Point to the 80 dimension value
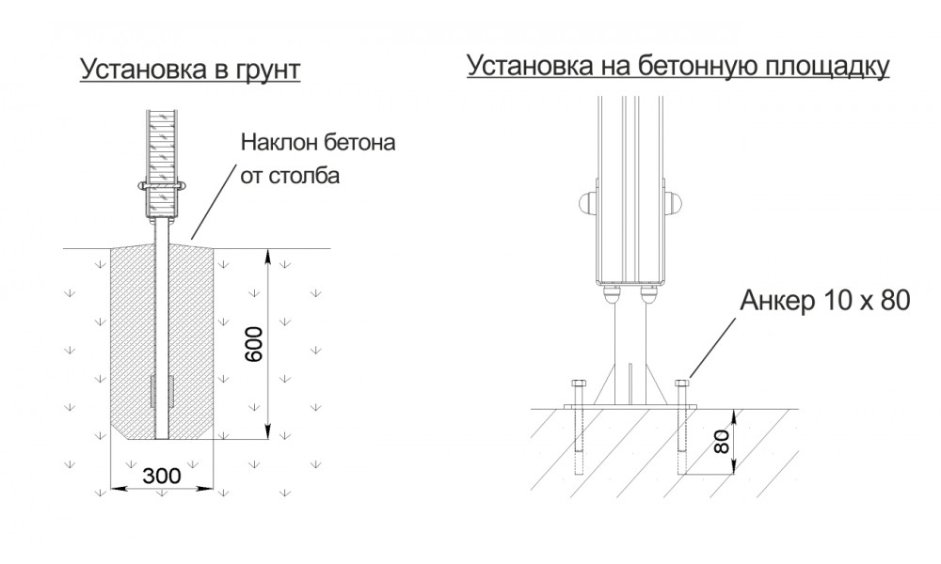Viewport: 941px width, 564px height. (x=722, y=440)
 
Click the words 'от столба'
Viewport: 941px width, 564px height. (x=290, y=176)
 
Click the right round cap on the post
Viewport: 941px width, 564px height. (x=676, y=201)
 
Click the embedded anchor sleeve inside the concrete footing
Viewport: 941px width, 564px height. (x=161, y=391)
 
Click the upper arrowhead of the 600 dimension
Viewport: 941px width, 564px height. (x=269, y=255)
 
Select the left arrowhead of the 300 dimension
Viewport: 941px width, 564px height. (x=116, y=487)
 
